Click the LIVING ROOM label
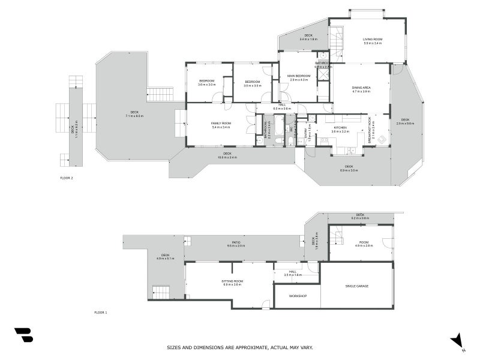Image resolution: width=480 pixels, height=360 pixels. (x=373, y=40)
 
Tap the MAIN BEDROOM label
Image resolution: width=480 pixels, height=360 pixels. (x=298, y=76)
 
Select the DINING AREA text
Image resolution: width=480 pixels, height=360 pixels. (x=361, y=88)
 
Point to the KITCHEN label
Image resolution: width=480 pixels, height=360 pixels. (x=340, y=127)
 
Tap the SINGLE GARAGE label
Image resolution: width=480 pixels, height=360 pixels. (x=357, y=286)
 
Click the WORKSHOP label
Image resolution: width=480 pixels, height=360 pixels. (x=298, y=296)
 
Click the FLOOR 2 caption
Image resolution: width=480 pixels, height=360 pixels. (x=67, y=178)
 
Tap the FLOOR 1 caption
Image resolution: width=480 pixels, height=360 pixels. (x=101, y=313)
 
